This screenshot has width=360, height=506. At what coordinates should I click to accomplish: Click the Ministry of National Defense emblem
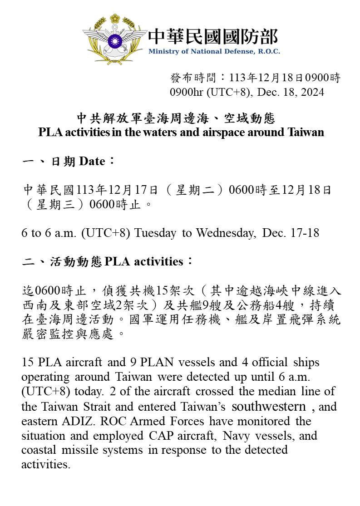click(x=114, y=40)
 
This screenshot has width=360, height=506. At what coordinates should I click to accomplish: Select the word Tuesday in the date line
click(x=155, y=233)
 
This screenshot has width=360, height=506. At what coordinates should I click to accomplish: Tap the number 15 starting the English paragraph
click(x=27, y=363)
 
